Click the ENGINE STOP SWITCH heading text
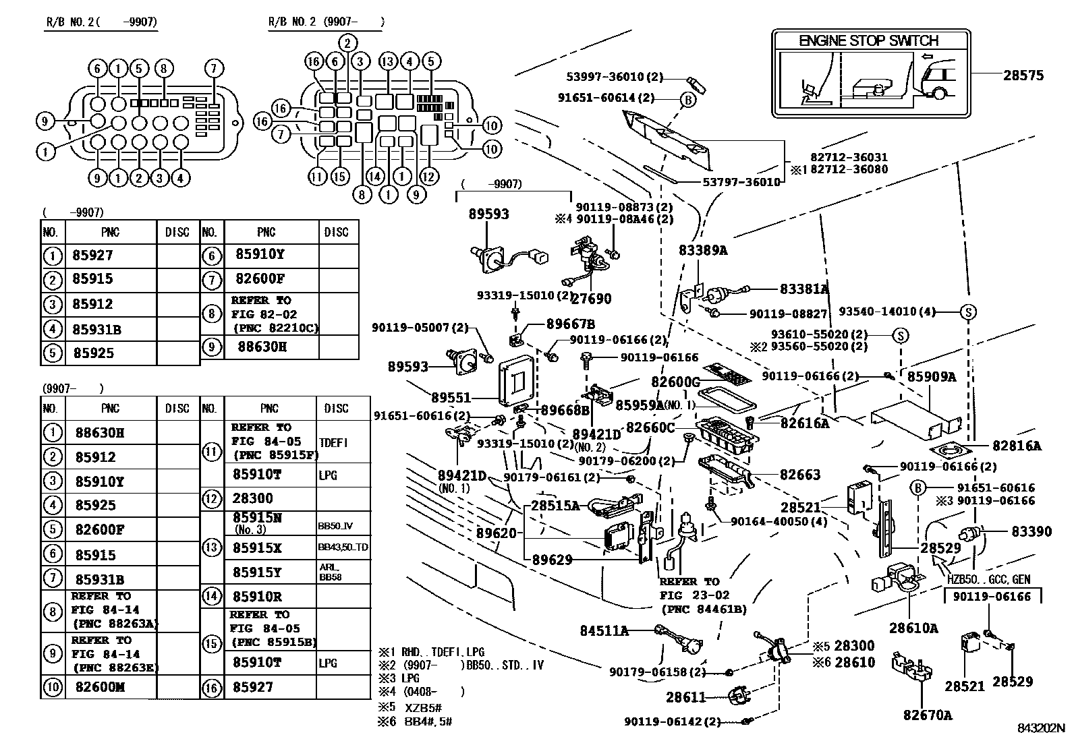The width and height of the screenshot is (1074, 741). [x=868, y=40]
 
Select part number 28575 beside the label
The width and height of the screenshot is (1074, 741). [x=1023, y=76]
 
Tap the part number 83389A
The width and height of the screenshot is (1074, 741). [x=703, y=250]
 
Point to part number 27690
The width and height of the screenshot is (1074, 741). [x=591, y=299]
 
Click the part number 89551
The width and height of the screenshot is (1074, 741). [x=451, y=397]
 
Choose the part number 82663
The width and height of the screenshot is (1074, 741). [x=800, y=475]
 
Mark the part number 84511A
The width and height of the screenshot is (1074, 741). [x=604, y=630]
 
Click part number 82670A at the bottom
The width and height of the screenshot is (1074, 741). [x=928, y=715]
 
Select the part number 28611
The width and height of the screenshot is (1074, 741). [x=685, y=697]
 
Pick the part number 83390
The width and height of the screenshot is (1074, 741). [x=1031, y=531]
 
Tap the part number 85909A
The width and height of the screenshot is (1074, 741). [x=932, y=377]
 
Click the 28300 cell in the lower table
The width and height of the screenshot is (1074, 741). [x=253, y=498]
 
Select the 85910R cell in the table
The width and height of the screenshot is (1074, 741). [x=257, y=596]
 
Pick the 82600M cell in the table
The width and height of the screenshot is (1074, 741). [x=101, y=687]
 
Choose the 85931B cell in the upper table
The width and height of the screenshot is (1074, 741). [x=97, y=329]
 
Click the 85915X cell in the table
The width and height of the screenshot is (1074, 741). [x=257, y=547]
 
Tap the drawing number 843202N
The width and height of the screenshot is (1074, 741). [x=1041, y=728]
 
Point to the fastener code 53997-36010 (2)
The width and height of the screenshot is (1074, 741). [x=615, y=77]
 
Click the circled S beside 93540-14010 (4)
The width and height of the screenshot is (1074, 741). [x=968, y=312]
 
